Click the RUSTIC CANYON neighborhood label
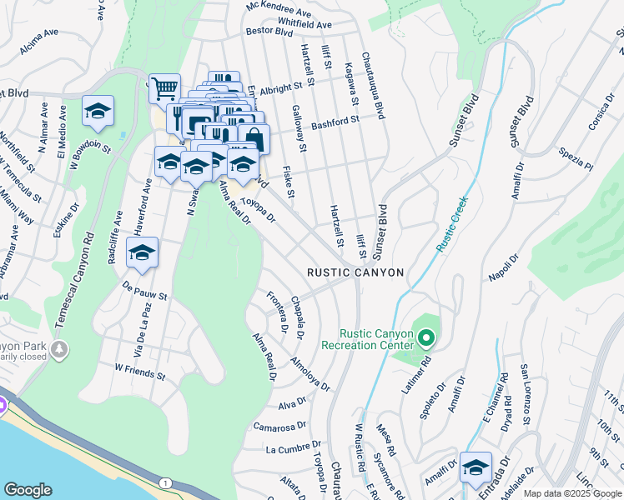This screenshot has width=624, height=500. (x=355, y=272)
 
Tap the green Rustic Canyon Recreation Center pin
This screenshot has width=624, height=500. (x=426, y=338)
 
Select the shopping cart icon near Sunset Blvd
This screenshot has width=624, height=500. (x=164, y=88)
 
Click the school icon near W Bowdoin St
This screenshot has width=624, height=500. (x=98, y=112)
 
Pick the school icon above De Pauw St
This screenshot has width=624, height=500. (x=143, y=252)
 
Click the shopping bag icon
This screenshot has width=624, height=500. (x=254, y=137)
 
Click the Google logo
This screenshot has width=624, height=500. (x=28, y=490)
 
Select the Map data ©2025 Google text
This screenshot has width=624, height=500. (x=571, y=493)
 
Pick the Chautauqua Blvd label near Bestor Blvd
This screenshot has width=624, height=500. (x=372, y=86)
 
